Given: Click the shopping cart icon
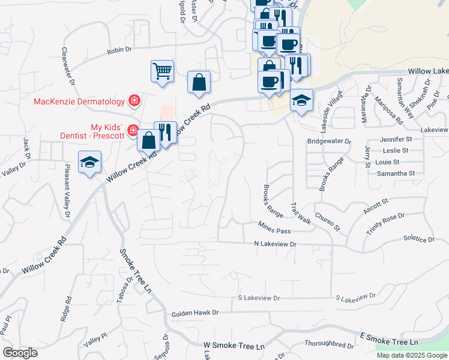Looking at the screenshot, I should point(162,71).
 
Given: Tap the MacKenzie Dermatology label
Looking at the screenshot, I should point(79,101).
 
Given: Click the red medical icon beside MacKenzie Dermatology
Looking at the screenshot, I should point(134,100).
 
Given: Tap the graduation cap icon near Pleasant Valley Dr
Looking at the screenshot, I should point(90,162).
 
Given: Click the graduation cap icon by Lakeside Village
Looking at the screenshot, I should point(301,100).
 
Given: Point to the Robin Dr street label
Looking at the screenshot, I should point(119,51).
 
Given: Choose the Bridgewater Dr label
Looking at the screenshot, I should point(328,141).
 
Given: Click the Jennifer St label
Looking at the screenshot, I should point(394,139).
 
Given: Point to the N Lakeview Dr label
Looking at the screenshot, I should point(276,244).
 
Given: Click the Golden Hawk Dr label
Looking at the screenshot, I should point(195,313).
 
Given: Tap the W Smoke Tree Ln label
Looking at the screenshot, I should point(234,347).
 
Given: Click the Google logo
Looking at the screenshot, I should point(20,352).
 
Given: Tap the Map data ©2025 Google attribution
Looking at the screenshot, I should point(412,355).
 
